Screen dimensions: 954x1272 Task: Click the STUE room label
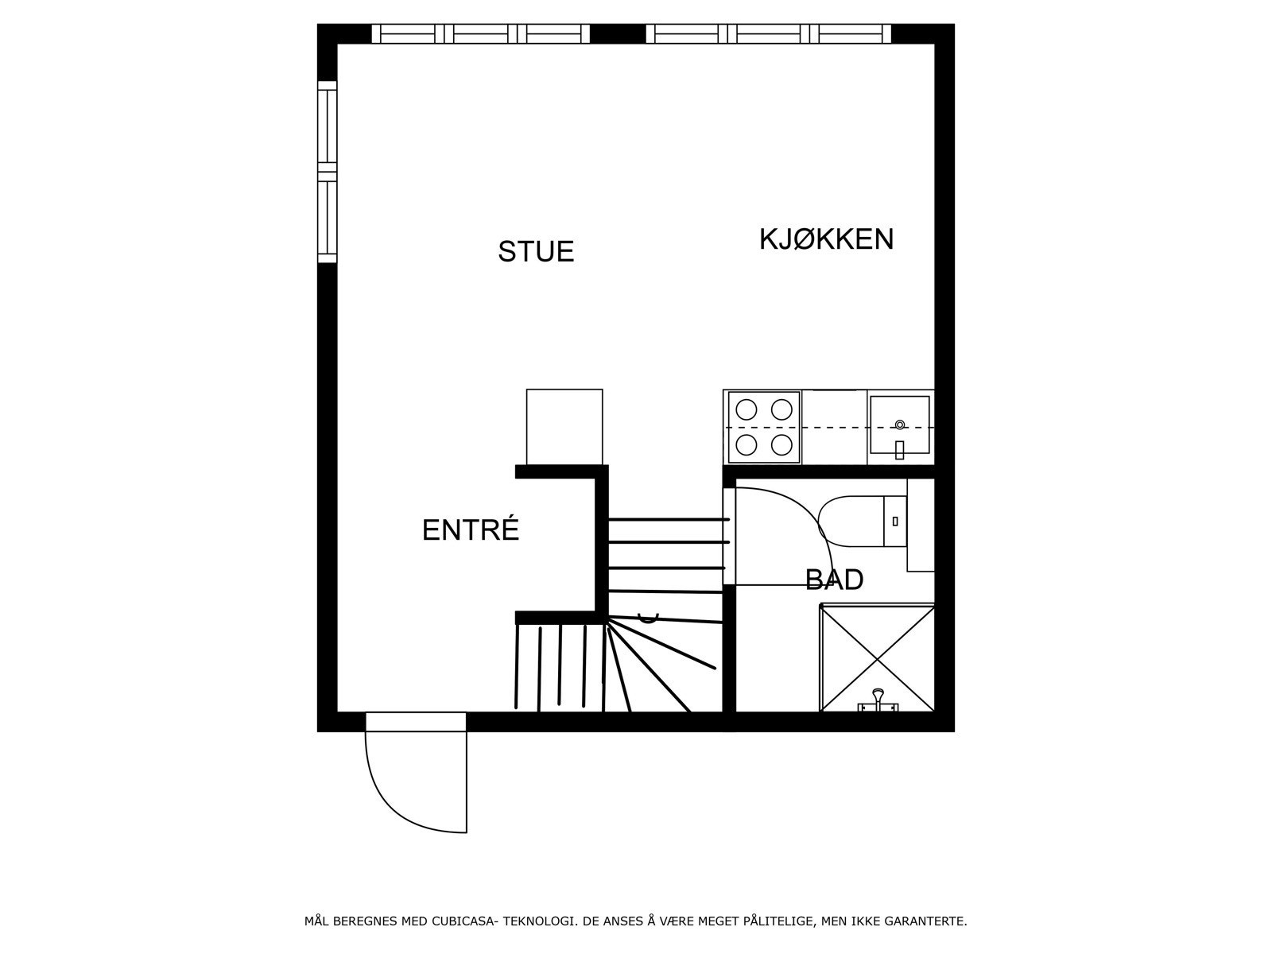click(536, 251)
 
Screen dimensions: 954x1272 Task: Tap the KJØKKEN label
click(826, 238)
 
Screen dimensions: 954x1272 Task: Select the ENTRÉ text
click(470, 530)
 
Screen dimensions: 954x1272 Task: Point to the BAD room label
click(834, 580)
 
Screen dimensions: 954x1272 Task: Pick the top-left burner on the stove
click(746, 409)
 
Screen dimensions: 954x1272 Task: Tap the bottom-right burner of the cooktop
click(781, 444)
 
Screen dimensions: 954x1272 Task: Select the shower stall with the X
click(877, 657)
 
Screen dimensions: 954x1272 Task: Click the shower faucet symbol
click(878, 700)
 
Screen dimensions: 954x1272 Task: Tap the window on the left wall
click(327, 172)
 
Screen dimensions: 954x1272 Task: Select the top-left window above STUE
click(481, 33)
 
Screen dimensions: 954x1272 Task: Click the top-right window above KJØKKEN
click(768, 33)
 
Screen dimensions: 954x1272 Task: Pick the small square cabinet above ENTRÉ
click(564, 426)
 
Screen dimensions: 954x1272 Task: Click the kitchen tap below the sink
click(899, 449)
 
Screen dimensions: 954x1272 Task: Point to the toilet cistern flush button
click(895, 521)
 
